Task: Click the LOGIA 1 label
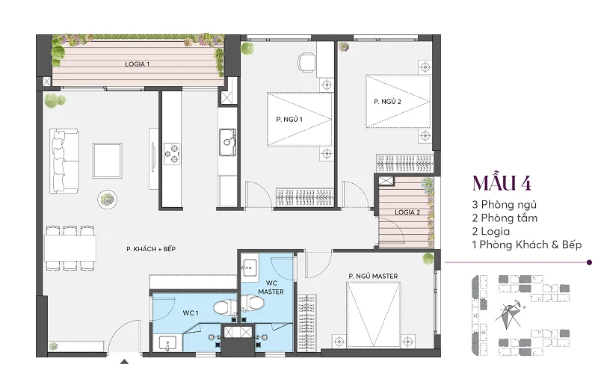[x=138, y=64]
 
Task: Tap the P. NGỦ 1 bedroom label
[x=289, y=120]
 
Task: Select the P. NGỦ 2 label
[x=387, y=102]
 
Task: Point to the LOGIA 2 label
[x=407, y=212]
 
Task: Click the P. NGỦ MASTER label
[x=373, y=276]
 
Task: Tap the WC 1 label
[x=191, y=313]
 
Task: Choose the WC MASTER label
[x=271, y=287]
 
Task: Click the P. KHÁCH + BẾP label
[x=151, y=249]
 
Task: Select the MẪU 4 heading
[x=502, y=182]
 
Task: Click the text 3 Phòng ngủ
[x=504, y=204]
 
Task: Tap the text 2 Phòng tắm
[x=505, y=218]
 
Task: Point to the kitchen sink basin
[x=227, y=142]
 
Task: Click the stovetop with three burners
[x=172, y=154]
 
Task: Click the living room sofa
[x=64, y=161]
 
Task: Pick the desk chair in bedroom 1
[x=306, y=62]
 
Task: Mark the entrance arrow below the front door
[x=124, y=361]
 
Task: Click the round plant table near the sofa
[x=107, y=200]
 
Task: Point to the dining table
[x=70, y=248]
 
